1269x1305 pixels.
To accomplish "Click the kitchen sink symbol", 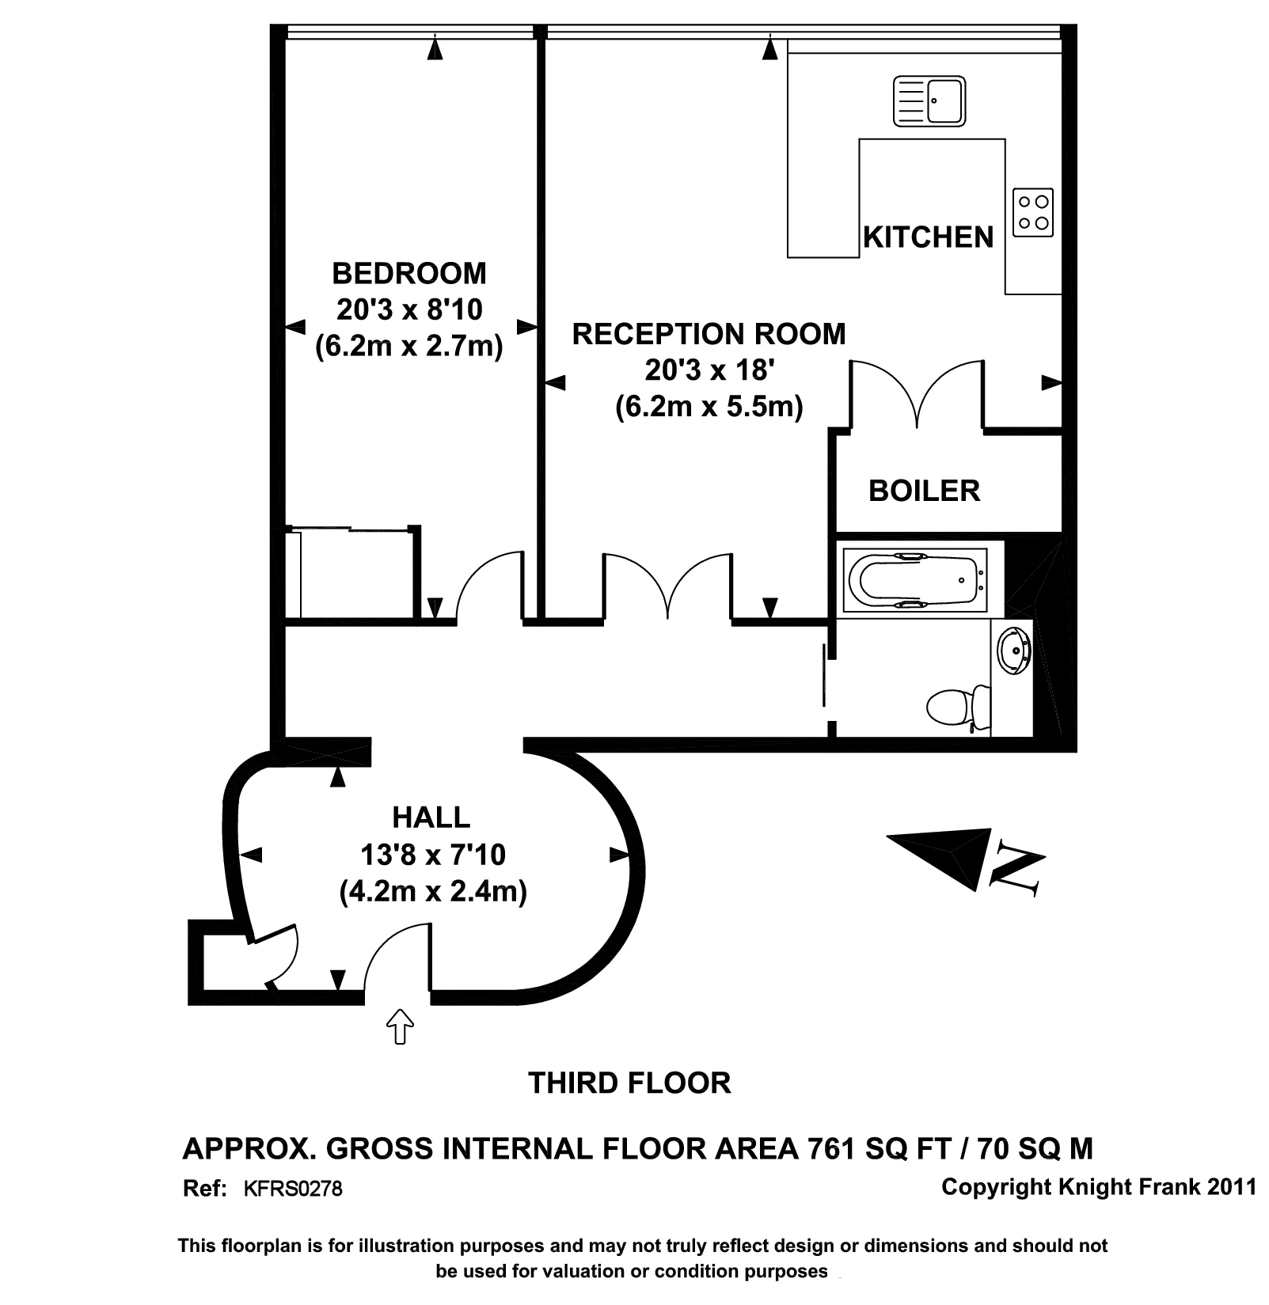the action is [x=929, y=101].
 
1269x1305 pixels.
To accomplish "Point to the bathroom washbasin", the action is [x=1014, y=650].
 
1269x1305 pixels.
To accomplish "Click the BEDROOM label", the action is [x=409, y=273].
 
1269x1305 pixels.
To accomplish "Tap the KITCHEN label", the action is [x=928, y=237].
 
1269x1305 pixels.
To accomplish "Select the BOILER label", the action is [x=924, y=491].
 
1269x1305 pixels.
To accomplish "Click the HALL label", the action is [x=431, y=817].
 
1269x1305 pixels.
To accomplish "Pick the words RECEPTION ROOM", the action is [x=709, y=334].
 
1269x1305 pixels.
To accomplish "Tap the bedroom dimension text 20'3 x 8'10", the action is [x=409, y=309].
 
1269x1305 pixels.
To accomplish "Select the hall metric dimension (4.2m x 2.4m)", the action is [x=433, y=891].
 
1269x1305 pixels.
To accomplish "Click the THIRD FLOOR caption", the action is [x=629, y=1083].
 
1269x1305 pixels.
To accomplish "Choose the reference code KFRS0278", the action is [x=292, y=1189].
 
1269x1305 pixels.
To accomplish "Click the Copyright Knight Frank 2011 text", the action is [x=1099, y=1187].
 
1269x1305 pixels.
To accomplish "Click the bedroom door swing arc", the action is [x=484, y=582].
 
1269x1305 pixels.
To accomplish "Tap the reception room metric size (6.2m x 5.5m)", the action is [x=709, y=406].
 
